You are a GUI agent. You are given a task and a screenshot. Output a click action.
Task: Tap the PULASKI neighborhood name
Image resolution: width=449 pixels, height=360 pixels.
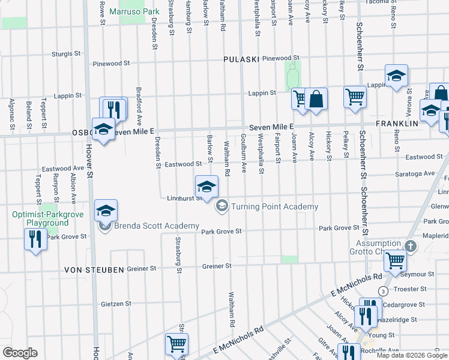[241, 59]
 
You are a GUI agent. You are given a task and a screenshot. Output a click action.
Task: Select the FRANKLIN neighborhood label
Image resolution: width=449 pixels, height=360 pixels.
[397, 123]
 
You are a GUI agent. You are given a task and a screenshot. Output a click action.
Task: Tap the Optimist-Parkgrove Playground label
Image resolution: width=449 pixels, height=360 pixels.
[40, 218]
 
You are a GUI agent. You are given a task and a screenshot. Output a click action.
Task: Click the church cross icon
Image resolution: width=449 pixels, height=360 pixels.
[410, 246]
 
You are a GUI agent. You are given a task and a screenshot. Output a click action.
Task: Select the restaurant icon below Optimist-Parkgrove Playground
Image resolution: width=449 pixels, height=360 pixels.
[35, 240]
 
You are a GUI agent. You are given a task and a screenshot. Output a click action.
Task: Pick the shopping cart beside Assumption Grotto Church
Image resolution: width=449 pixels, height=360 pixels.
[395, 260]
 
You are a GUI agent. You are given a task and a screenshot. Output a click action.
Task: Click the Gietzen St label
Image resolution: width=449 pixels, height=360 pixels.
[116, 304]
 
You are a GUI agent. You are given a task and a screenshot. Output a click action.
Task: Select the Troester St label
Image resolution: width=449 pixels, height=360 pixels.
[411, 289]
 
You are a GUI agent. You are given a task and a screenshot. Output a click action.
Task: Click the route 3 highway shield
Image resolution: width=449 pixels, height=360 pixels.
[382, 291]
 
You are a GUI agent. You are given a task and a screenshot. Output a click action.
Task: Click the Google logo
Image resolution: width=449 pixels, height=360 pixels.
[20, 353]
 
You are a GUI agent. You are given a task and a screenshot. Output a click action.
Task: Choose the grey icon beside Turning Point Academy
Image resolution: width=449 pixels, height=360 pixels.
[221, 206]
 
